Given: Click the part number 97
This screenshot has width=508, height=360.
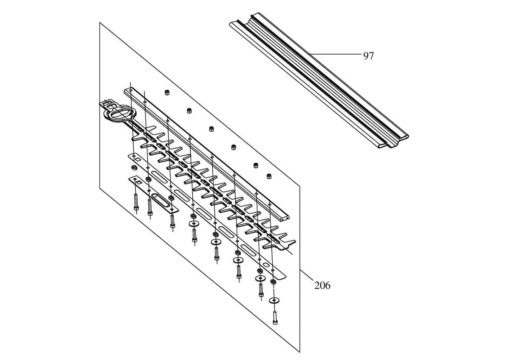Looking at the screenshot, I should [x=368, y=56].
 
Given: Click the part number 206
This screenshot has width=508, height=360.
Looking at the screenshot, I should [x=322, y=285].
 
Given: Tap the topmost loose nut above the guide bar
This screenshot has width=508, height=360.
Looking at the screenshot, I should [x=167, y=92].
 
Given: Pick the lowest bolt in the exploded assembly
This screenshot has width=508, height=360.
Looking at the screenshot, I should [x=275, y=318].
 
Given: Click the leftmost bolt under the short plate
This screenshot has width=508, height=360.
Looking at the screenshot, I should [x=136, y=206].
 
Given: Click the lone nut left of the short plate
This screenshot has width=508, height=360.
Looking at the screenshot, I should [x=134, y=167].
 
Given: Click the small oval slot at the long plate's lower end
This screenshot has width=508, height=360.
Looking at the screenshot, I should [x=267, y=264].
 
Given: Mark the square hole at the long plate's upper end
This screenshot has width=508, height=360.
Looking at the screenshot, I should [x=141, y=159].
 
